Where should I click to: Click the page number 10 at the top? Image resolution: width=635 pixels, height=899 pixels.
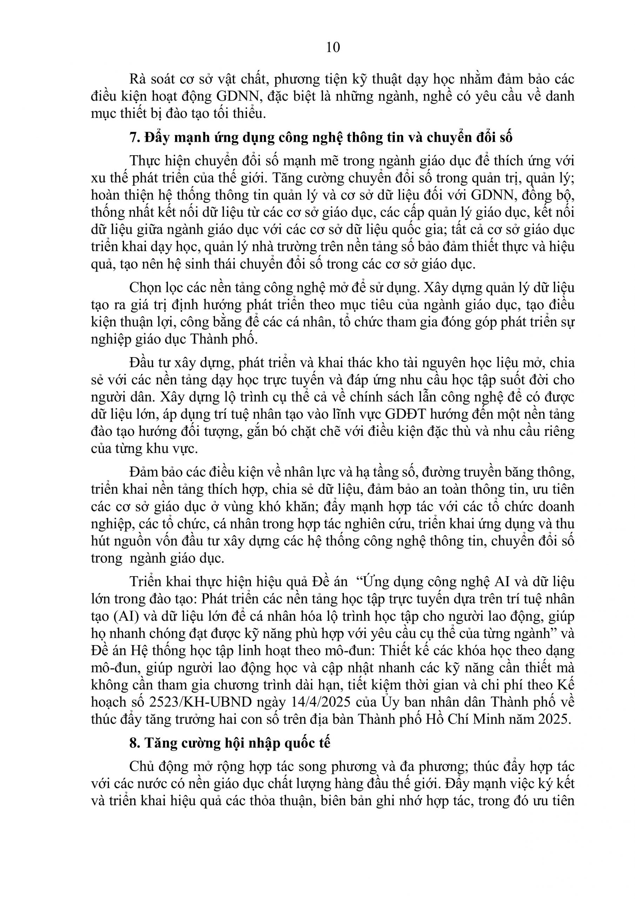pyautogui.click(x=333, y=47)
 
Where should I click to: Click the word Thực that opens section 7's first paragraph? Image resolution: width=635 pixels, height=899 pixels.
pyautogui.click(x=146, y=161)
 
